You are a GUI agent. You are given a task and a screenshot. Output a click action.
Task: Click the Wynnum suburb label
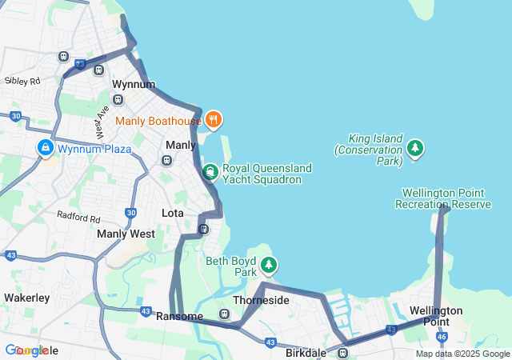(133, 84)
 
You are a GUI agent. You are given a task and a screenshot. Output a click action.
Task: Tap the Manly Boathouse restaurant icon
(213, 121)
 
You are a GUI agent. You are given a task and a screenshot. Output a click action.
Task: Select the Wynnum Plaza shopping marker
(46, 149)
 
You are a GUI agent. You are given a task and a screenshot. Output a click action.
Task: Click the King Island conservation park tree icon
(414, 148)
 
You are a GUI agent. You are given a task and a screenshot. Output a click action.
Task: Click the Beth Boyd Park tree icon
(270, 264)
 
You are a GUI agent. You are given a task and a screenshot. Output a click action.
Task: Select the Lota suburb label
(173, 214)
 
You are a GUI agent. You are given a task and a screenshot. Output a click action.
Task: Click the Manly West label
(126, 234)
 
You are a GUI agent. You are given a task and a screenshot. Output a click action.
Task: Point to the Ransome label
(179, 316)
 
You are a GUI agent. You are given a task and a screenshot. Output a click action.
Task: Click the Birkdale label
(305, 353)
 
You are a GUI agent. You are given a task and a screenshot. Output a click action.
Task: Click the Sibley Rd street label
(22, 81)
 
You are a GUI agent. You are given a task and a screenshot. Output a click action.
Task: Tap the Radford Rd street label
(78, 218)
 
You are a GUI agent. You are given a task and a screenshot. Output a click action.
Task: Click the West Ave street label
(102, 122)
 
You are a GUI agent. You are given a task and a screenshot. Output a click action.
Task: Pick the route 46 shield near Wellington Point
(442, 338)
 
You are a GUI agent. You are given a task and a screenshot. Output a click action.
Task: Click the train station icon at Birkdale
(342, 352)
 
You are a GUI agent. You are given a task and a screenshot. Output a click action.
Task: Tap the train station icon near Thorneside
(225, 314)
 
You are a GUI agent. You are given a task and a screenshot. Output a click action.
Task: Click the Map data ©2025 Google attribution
(462, 354)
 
